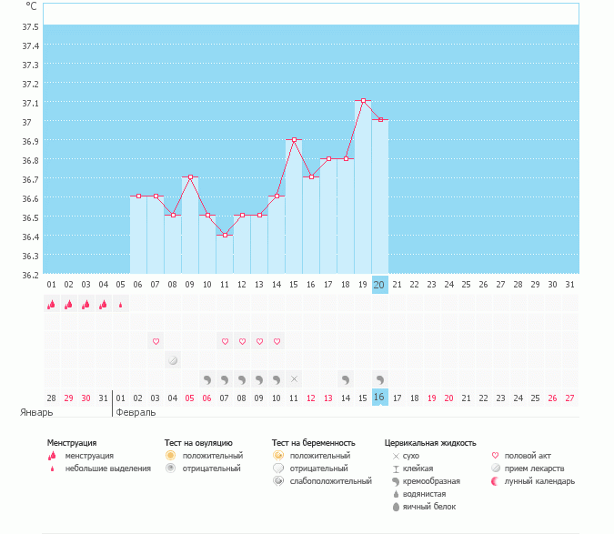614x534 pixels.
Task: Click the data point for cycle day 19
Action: coord(363,101)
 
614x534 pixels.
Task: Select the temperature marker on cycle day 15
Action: coord(294,140)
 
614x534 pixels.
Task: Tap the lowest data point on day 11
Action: coord(225,235)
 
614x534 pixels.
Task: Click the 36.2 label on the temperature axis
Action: coord(30,275)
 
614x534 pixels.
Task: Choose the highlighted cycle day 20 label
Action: coord(380,285)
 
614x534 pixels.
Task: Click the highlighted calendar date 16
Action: coord(380,398)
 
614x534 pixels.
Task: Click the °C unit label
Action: coord(32,5)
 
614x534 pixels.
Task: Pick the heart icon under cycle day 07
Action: coord(156,341)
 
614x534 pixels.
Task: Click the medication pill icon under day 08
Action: coord(173,360)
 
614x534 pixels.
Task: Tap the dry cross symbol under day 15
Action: coord(294,378)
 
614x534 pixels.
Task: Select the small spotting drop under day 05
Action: coord(121,305)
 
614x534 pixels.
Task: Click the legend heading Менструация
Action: coord(72,442)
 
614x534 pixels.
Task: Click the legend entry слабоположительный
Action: coord(329,480)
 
